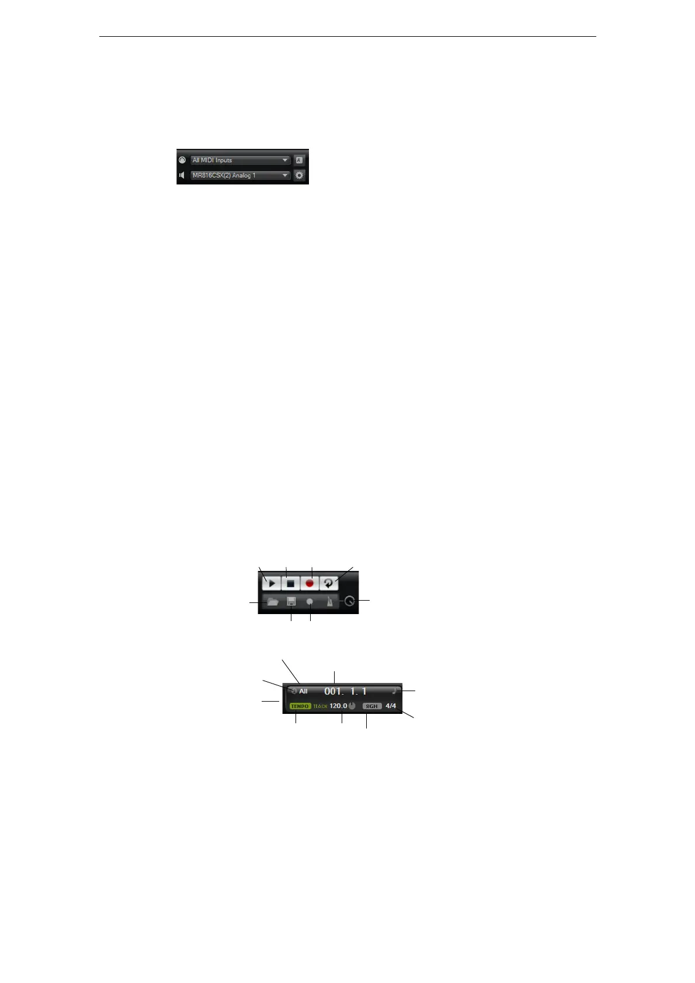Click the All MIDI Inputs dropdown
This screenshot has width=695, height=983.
tap(240, 160)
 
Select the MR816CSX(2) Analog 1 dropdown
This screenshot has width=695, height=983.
tap(240, 175)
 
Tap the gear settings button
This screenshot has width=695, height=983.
tap(300, 175)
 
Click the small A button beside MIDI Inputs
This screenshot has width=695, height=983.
tap(299, 160)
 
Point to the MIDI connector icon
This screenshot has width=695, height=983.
tap(182, 160)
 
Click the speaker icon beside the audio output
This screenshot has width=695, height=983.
tap(182, 175)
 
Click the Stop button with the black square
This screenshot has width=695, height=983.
tap(290, 583)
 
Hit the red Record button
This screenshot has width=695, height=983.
tap(310, 583)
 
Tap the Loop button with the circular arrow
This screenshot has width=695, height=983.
tap(329, 583)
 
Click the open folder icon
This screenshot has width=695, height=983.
tap(272, 602)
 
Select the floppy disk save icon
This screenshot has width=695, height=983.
tap(291, 602)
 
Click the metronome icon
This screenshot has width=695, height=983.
tap(329, 602)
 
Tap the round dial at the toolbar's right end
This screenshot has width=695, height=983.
tap(349, 601)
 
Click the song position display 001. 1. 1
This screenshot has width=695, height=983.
tap(345, 691)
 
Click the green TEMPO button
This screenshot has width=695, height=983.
tap(300, 706)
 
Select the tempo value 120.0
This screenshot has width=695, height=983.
tap(338, 706)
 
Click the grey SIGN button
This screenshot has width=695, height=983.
tap(371, 706)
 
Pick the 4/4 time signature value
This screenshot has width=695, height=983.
tap(391, 706)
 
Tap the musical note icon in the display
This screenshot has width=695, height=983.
tap(394, 691)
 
